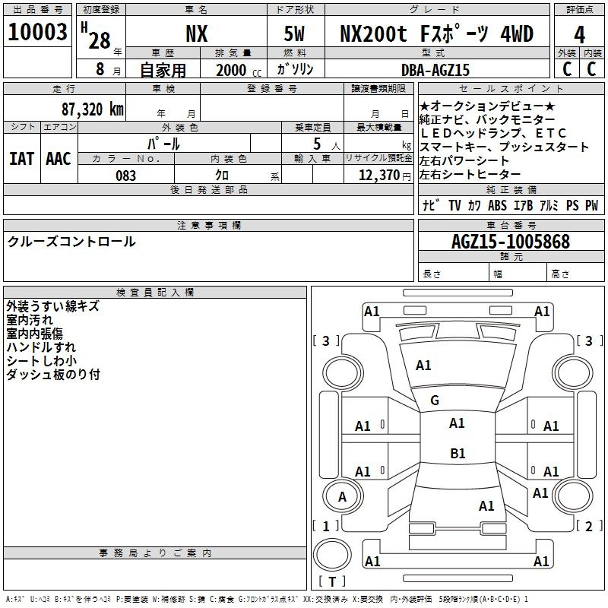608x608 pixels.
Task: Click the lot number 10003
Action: [37, 32]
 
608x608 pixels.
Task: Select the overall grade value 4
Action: [579, 35]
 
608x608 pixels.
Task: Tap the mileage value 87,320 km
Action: [93, 109]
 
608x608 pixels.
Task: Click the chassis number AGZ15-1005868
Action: [511, 242]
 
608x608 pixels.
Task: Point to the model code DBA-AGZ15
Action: [435, 70]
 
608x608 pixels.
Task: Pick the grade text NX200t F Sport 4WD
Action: [436, 33]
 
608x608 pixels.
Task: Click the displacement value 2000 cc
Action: [239, 71]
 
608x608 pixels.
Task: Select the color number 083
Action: [126, 176]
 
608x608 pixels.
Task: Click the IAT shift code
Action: [21, 159]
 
